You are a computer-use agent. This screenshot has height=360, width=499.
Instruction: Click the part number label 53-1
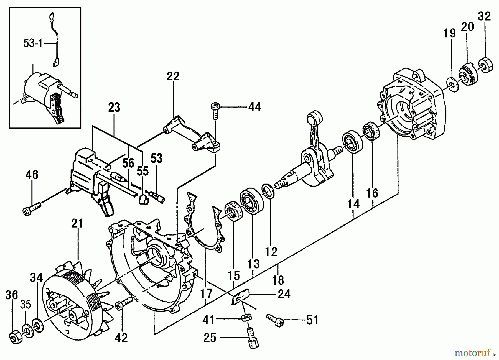[x=33, y=44]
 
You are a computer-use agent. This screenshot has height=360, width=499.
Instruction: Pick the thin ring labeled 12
[x=269, y=190]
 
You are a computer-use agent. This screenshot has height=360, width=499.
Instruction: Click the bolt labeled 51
[x=275, y=320]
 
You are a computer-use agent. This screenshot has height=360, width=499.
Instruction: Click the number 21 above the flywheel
[x=77, y=223]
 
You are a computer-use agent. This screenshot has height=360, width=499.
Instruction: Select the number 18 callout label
[x=278, y=280]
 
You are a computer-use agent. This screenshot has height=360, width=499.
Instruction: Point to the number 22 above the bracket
[x=173, y=76]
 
